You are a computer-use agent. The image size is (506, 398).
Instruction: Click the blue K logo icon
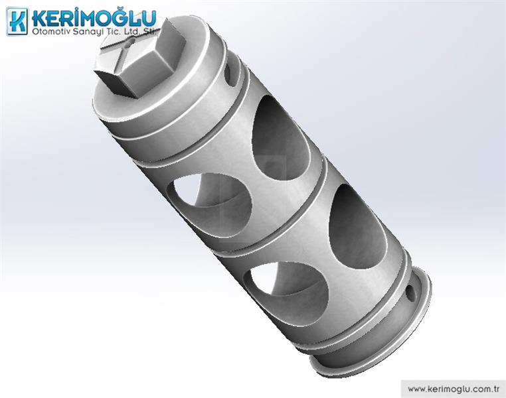coord(17,21)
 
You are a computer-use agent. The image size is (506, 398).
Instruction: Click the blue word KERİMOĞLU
coord(94,19)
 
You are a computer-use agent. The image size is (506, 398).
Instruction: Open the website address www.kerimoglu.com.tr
coord(454,389)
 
